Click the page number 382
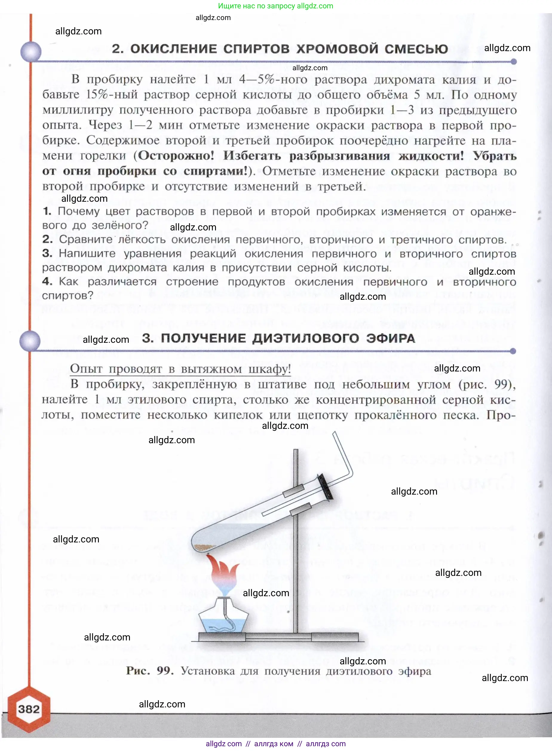29,709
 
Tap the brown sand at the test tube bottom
204,547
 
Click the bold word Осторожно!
176,156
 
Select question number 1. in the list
47,211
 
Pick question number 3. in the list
47,253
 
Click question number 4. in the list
47,282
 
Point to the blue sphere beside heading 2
31,52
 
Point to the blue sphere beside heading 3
30,341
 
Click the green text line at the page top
275,6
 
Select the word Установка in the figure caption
208,671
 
